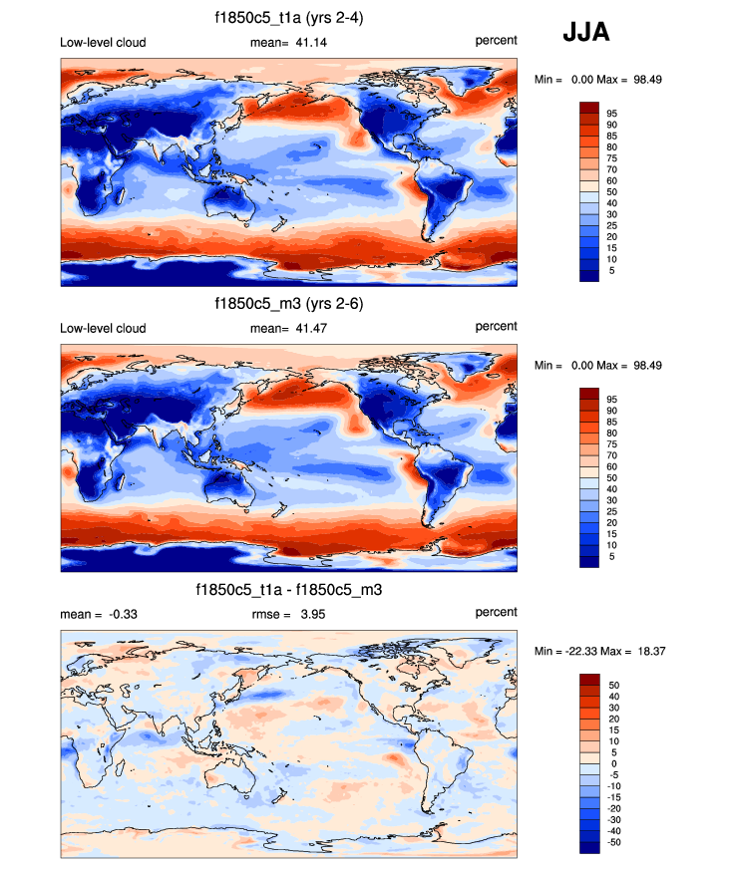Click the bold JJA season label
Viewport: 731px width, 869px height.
click(586, 33)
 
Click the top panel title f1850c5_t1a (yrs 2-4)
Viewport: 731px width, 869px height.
click(288, 18)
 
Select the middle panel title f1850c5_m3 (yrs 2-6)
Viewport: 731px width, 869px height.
click(288, 305)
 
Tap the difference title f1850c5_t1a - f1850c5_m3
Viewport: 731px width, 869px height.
click(288, 591)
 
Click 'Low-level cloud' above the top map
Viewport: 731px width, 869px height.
click(103, 41)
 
